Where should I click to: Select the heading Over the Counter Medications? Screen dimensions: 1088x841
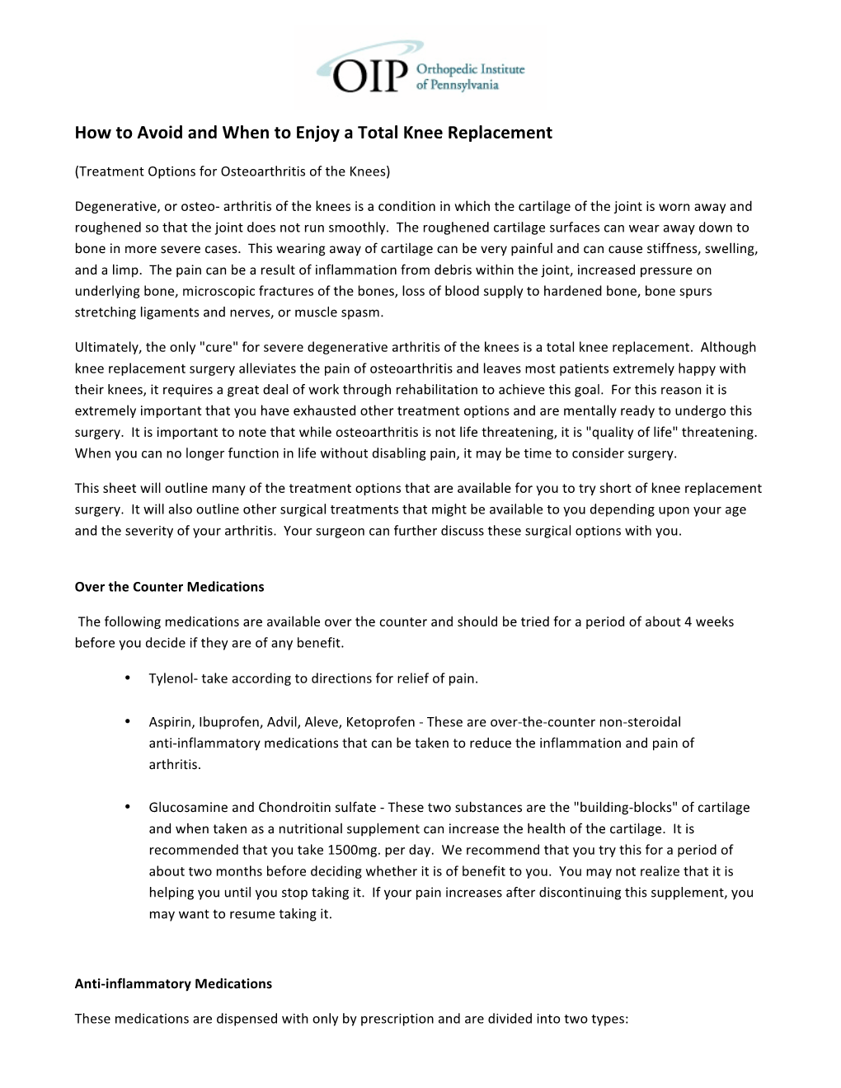pyautogui.click(x=169, y=587)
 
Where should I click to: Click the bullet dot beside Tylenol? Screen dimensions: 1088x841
pyautogui.click(x=129, y=678)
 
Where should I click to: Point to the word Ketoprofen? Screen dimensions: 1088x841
pyautogui.click(x=380, y=722)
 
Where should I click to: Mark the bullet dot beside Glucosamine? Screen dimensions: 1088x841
pyautogui.click(x=129, y=807)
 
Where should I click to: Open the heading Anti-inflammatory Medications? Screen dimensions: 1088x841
pyautogui.click(x=173, y=983)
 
